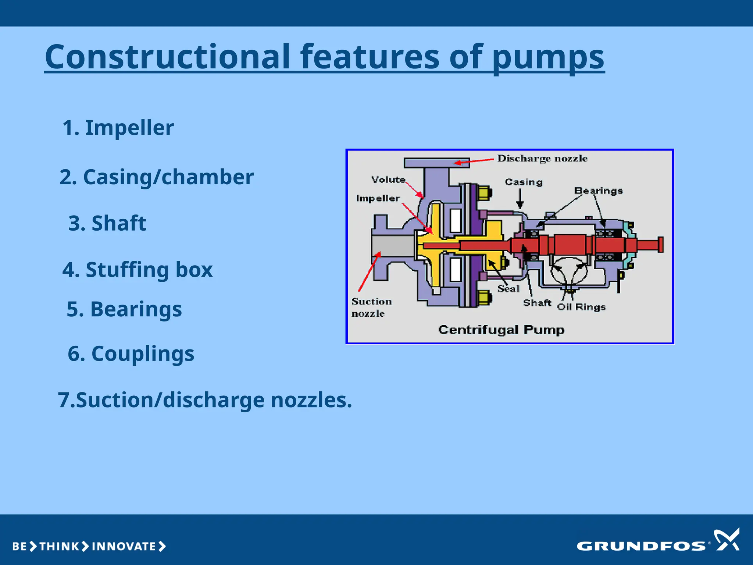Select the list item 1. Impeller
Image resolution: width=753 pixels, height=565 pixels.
118,128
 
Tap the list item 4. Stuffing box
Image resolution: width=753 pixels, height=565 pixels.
138,270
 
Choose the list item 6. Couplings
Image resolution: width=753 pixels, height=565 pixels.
131,353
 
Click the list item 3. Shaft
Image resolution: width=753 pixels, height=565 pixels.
107,223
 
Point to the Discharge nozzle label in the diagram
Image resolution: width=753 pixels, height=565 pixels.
542,159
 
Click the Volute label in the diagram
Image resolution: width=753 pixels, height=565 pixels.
388,180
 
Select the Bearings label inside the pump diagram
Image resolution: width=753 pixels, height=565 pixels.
598,191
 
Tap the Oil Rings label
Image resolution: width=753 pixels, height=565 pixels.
581,307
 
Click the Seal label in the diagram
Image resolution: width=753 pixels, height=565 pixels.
508,289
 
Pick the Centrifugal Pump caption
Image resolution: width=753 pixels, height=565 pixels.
501,330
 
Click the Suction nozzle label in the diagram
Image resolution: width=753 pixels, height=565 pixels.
371,307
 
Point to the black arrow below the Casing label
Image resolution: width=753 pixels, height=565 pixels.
520,199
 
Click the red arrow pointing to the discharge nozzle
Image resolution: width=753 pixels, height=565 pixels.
474,161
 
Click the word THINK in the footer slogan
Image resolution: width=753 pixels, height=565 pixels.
59,547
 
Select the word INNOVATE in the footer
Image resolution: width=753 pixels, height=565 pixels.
124,547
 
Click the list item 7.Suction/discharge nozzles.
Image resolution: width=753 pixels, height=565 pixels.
205,400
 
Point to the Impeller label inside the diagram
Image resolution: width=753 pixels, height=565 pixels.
378,199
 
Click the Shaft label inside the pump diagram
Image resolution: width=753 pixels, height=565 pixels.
537,303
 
